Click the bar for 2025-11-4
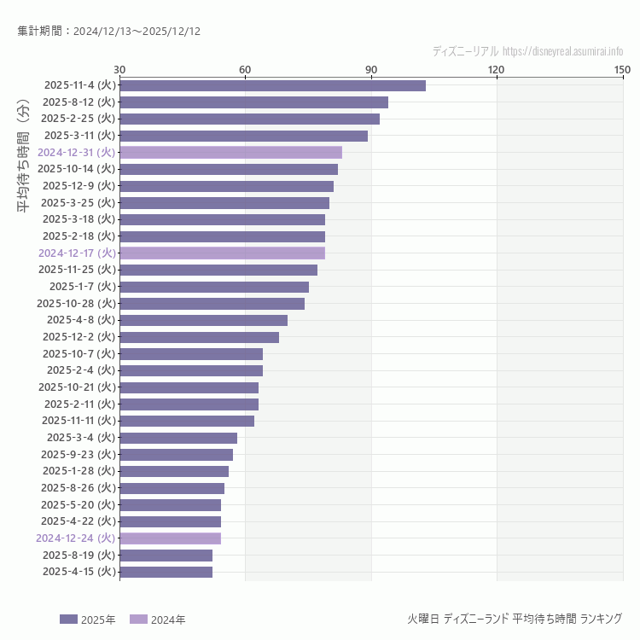(272, 85)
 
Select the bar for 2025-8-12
(253, 102)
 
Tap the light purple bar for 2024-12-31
(230, 153)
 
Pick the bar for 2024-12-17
(222, 253)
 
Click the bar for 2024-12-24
(170, 538)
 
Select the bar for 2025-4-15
(166, 572)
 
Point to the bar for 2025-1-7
(214, 287)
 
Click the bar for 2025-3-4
(178, 438)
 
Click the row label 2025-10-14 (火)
(76, 169)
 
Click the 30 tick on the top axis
(119, 69)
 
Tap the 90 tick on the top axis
(371, 69)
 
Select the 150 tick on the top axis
(622, 69)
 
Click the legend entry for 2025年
(87, 620)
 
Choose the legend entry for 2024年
(157, 620)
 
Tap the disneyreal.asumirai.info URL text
(562, 51)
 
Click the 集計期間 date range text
(108, 32)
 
